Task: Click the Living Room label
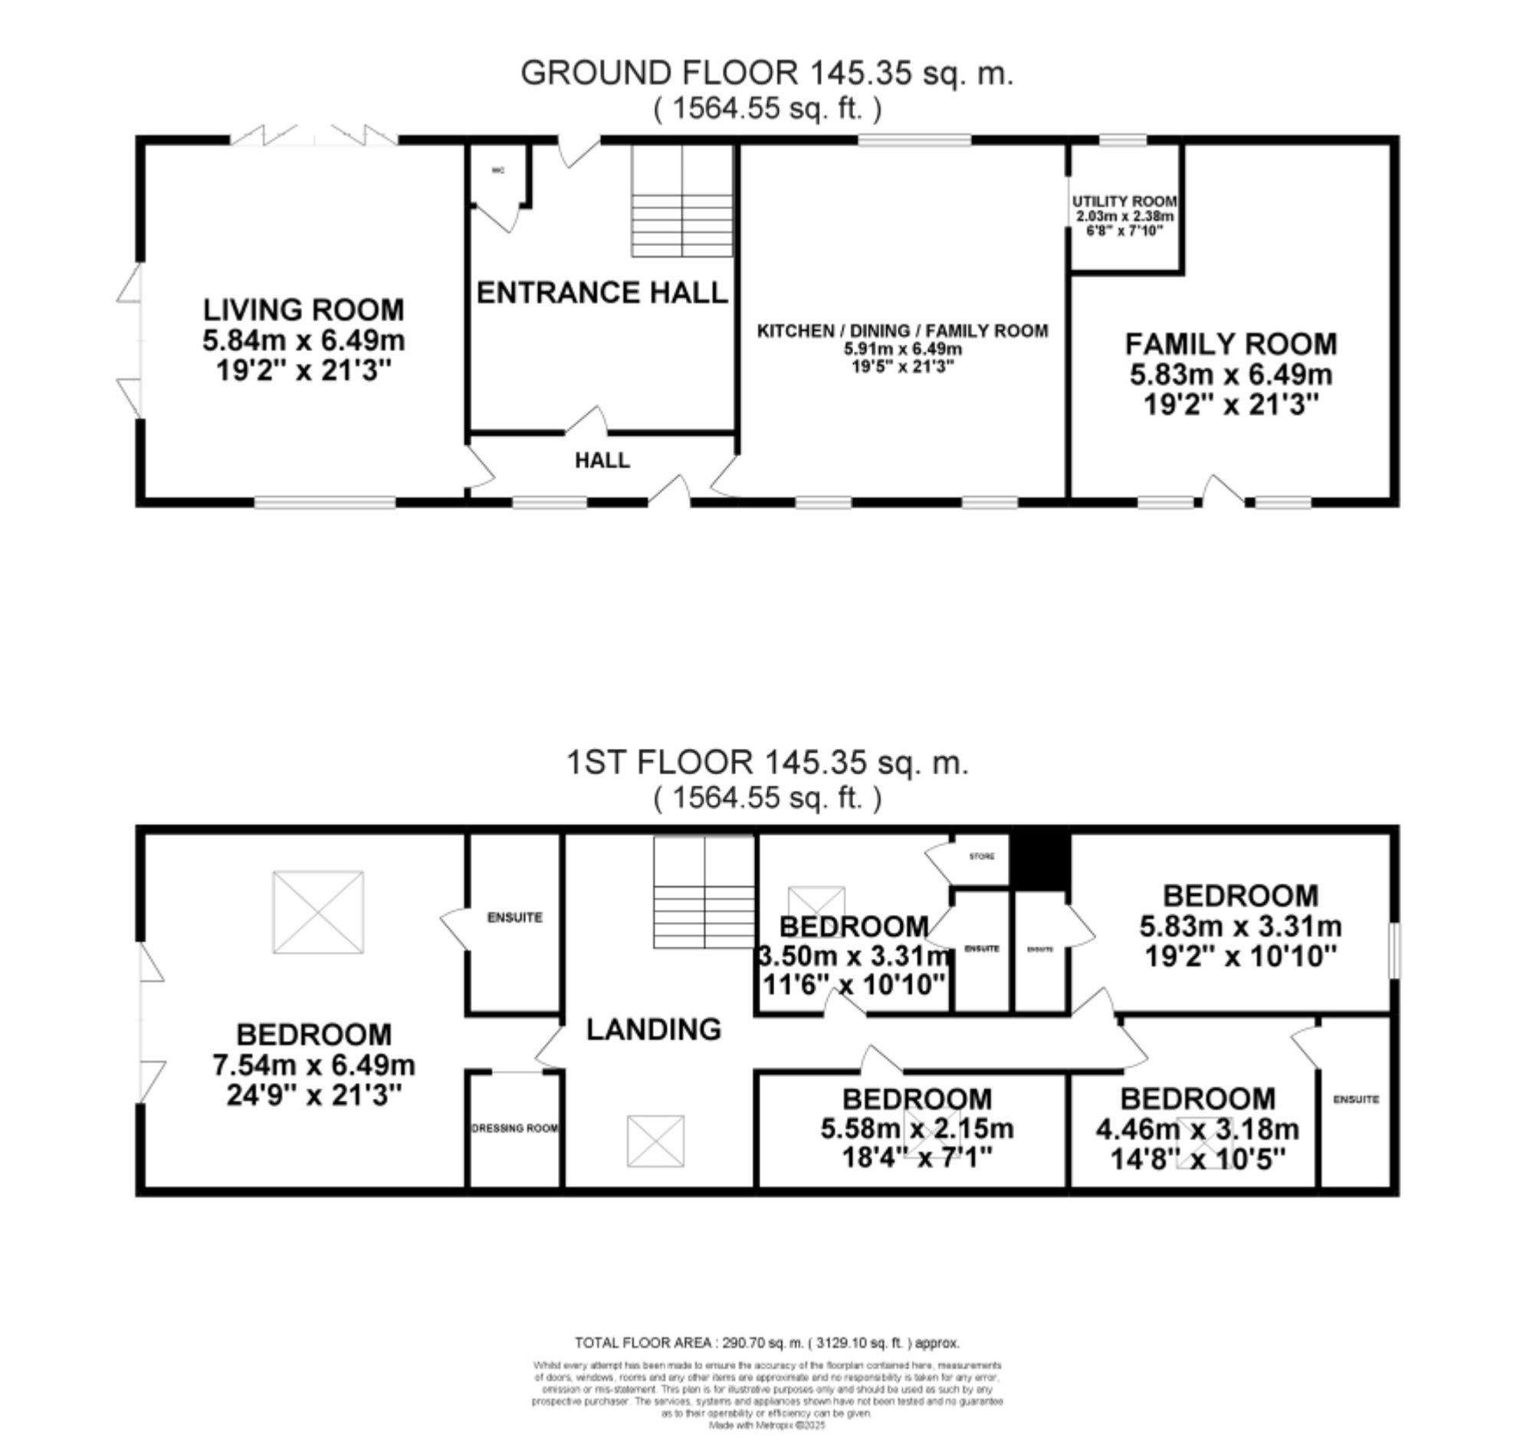pyautogui.click(x=303, y=310)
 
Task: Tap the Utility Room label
pyautogui.click(x=1124, y=202)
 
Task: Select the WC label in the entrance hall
pyautogui.click(x=498, y=170)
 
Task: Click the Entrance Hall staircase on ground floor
pyautogui.click(x=682, y=202)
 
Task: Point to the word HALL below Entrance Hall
pyautogui.click(x=602, y=461)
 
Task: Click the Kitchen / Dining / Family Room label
pyautogui.click(x=902, y=331)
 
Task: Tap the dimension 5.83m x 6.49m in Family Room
pyautogui.click(x=1231, y=375)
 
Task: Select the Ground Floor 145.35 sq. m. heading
pyautogui.click(x=766, y=74)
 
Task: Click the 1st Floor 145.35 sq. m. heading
pyautogui.click(x=766, y=763)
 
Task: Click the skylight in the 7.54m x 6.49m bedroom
pyautogui.click(x=318, y=912)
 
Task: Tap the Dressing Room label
pyautogui.click(x=514, y=1128)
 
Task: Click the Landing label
pyautogui.click(x=653, y=1029)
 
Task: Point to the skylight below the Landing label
pyautogui.click(x=655, y=1141)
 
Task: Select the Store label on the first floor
pyautogui.click(x=981, y=856)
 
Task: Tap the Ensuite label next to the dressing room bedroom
pyautogui.click(x=514, y=917)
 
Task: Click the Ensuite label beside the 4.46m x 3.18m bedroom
pyautogui.click(x=1355, y=1099)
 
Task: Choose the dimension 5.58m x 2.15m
pyautogui.click(x=917, y=1129)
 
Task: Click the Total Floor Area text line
pyautogui.click(x=766, y=1343)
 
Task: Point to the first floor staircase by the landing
pyautogui.click(x=704, y=891)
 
